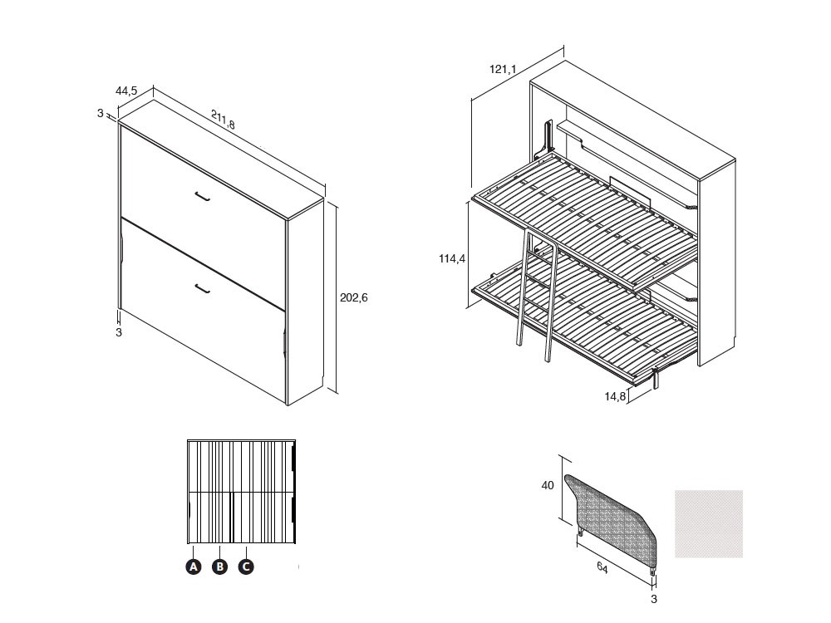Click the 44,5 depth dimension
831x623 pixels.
click(x=126, y=91)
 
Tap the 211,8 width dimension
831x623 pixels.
click(x=223, y=119)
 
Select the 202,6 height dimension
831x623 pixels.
click(x=353, y=297)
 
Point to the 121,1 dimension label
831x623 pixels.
click(x=503, y=69)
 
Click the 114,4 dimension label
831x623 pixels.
click(x=452, y=258)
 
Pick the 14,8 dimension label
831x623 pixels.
click(x=615, y=395)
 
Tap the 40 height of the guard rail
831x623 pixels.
click(x=548, y=485)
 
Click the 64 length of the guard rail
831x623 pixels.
click(x=602, y=567)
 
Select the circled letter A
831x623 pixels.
click(x=194, y=567)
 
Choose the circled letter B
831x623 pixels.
click(x=219, y=567)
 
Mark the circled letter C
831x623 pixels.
click(x=245, y=567)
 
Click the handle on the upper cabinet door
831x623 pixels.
click(x=203, y=196)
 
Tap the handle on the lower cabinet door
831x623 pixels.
click(x=203, y=288)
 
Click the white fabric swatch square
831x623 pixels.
click(x=709, y=524)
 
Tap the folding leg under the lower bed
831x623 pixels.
click(x=656, y=378)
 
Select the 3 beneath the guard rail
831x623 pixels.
click(x=654, y=599)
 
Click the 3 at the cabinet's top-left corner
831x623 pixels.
click(x=101, y=113)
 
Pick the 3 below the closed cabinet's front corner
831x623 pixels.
click(x=119, y=333)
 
